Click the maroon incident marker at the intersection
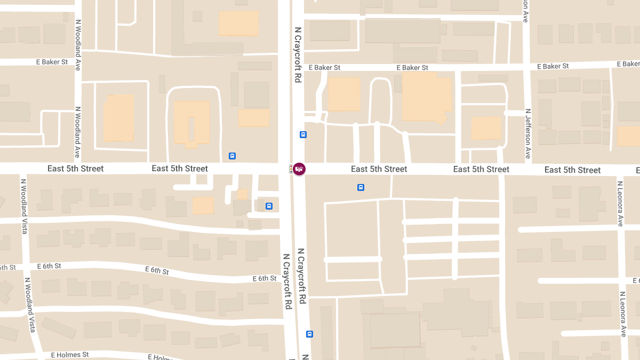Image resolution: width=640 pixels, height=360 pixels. [x=299, y=169]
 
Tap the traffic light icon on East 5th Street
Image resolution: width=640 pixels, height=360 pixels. [x=291, y=169]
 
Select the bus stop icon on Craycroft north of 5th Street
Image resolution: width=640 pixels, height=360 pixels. [x=303, y=135]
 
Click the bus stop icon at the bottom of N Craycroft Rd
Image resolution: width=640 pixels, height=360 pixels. [x=309, y=334]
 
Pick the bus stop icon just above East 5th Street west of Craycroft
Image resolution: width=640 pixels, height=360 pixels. [x=232, y=156]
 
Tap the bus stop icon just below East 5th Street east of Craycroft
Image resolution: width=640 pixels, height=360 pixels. [x=361, y=187]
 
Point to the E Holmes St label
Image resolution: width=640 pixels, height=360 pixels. [x=70, y=355]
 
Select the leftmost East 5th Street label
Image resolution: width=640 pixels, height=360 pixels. [x=75, y=169]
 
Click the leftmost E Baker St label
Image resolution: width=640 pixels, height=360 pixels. [x=52, y=62]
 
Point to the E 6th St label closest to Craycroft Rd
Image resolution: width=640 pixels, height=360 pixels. [x=265, y=278]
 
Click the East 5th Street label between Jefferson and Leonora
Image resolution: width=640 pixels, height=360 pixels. [x=572, y=170]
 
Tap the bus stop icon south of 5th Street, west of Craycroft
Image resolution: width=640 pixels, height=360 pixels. [x=269, y=206]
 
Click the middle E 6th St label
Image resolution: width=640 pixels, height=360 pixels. [x=157, y=270]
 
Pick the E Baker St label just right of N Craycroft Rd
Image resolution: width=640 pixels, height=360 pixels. [x=324, y=68]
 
